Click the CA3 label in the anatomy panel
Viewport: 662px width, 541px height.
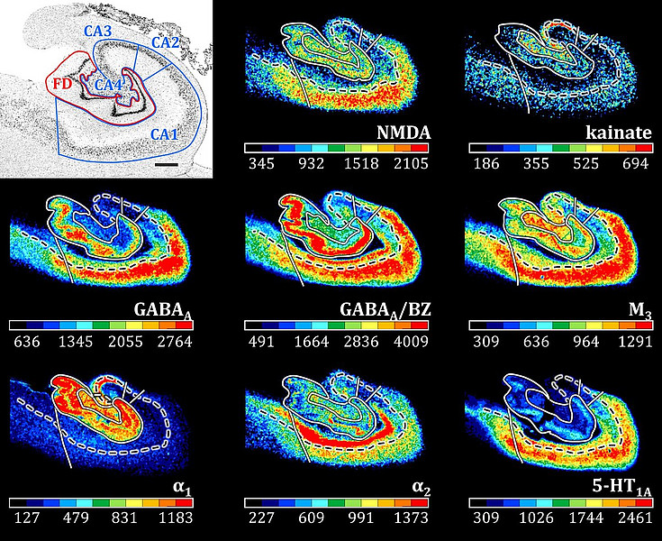[x=100, y=31]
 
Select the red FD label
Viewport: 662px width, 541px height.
[x=61, y=84]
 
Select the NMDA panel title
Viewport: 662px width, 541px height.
[x=403, y=135]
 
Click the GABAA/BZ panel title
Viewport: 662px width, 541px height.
[x=385, y=311]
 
